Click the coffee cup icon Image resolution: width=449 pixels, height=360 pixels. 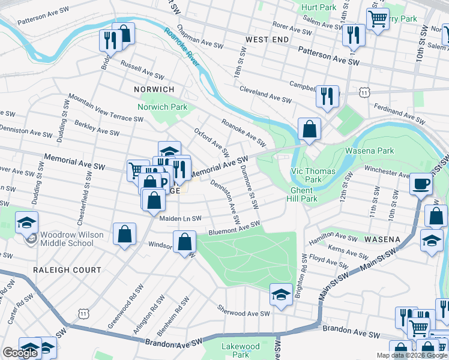(421, 183)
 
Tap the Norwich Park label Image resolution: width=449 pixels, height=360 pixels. (162, 107)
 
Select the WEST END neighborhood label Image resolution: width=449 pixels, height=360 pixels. (267, 39)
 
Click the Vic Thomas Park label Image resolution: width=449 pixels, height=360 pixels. (306, 175)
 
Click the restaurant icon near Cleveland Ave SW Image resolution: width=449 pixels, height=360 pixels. (327, 95)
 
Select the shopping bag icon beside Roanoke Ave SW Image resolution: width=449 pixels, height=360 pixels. (309, 128)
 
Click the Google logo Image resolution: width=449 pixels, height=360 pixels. (20, 353)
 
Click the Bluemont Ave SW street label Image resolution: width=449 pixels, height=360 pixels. (234, 228)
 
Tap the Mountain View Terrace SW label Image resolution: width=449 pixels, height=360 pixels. (105, 107)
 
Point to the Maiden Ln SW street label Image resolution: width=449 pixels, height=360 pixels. (180, 218)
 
